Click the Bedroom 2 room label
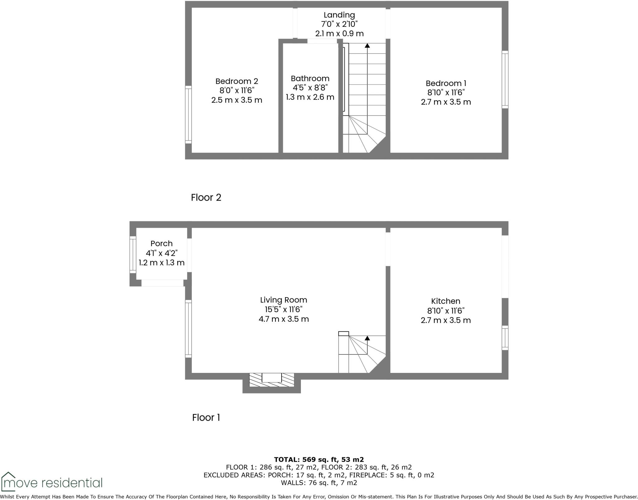(x=237, y=81)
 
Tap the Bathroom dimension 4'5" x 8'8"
(x=310, y=88)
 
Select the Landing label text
(x=339, y=15)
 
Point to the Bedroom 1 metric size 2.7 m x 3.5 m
(x=446, y=102)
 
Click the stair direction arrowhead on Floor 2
(x=367, y=45)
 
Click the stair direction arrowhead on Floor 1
(x=367, y=338)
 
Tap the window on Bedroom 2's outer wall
(x=188, y=114)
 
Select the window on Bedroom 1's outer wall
(x=505, y=80)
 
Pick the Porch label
(x=161, y=244)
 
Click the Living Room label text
(x=283, y=300)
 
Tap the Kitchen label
(x=445, y=301)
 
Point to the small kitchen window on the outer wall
(x=505, y=338)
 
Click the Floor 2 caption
(x=206, y=198)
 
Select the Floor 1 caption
(x=206, y=417)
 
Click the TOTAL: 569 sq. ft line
(x=319, y=460)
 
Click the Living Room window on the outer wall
(x=188, y=329)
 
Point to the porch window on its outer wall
(x=133, y=255)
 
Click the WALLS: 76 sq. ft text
(x=319, y=483)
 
